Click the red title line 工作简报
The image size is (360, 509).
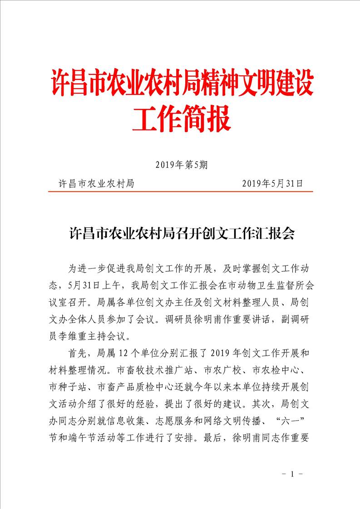tap(182, 118)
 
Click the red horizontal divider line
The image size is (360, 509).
tap(181, 191)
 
